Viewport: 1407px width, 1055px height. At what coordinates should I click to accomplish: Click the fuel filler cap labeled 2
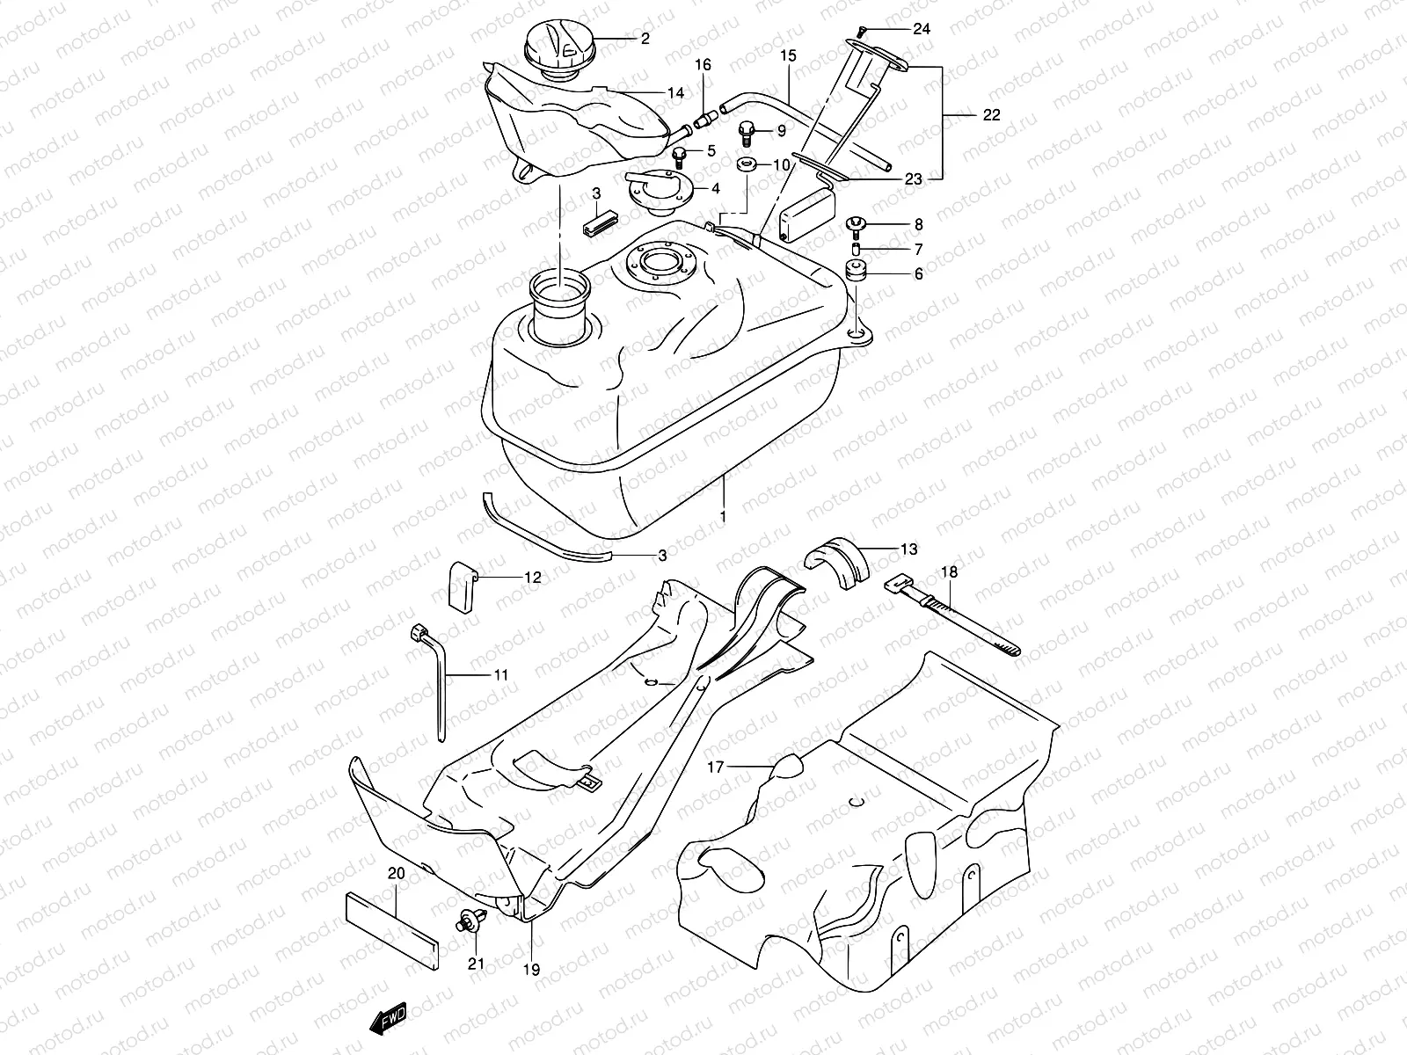559,48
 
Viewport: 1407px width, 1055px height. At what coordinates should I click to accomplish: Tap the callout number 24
921,29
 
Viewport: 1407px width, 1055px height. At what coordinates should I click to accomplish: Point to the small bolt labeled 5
703,156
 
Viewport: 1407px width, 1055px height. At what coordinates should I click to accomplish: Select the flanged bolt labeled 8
856,226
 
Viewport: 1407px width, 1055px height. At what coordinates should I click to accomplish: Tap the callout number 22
991,115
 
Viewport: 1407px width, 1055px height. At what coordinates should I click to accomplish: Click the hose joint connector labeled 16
703,119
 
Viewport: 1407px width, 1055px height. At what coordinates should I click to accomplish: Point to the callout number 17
715,768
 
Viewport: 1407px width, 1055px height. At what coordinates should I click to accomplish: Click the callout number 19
532,971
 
